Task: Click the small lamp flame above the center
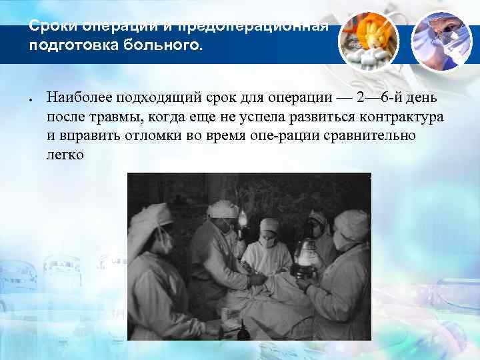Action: click(243, 217)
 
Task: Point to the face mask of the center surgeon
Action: click(268, 241)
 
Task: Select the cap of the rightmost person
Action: click(351, 221)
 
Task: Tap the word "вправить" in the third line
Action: click(83, 136)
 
